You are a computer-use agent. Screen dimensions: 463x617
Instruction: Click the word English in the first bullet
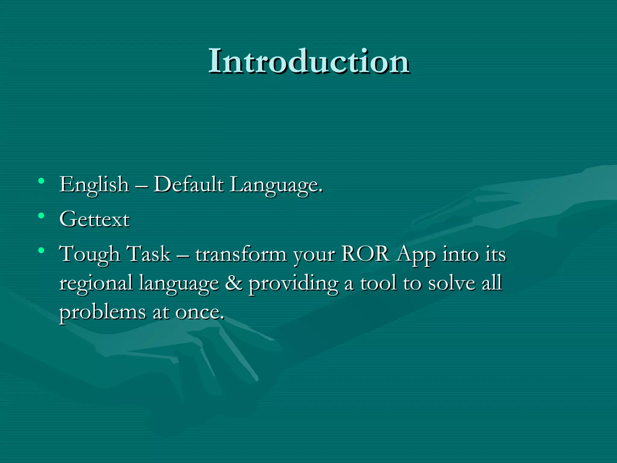(x=94, y=184)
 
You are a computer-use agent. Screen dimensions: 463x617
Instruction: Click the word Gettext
(x=95, y=219)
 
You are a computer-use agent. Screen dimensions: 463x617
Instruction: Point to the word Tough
(x=89, y=254)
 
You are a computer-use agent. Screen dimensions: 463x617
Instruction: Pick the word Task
(x=149, y=254)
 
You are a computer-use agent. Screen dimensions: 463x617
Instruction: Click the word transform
(x=241, y=254)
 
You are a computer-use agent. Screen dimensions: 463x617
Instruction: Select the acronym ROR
(x=365, y=254)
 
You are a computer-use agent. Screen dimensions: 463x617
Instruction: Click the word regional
(x=96, y=283)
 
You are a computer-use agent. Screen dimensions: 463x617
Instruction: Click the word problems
(x=102, y=312)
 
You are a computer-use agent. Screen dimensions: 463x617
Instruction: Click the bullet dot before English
(x=42, y=181)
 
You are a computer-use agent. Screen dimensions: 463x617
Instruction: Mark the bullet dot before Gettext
(x=42, y=216)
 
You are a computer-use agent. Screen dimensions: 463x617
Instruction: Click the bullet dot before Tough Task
(x=42, y=250)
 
